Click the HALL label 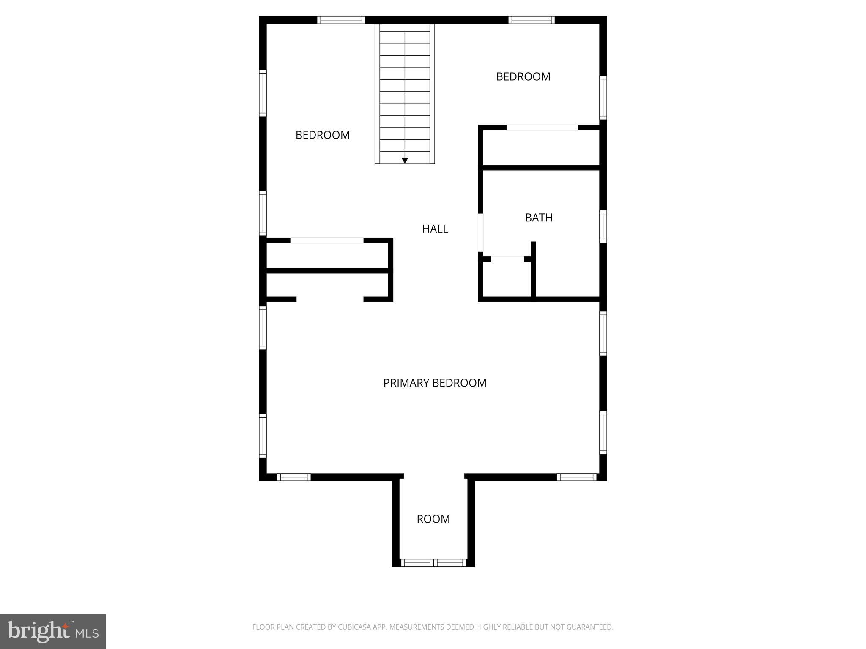[435, 229]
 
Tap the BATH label [539, 218]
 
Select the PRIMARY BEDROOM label [435, 383]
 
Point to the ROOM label [433, 519]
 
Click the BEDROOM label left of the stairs [322, 135]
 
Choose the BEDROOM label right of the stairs [523, 76]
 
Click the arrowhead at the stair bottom [405, 161]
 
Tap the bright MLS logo [53, 631]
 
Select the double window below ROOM [433, 562]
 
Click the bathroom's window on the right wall [603, 226]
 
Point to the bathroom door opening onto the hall [480, 233]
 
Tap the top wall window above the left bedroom [341, 20]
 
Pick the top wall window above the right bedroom [531, 20]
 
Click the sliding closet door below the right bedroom [542, 127]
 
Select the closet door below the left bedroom [327, 241]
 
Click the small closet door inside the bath [507, 259]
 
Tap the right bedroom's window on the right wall [603, 98]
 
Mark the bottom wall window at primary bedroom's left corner [294, 477]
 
